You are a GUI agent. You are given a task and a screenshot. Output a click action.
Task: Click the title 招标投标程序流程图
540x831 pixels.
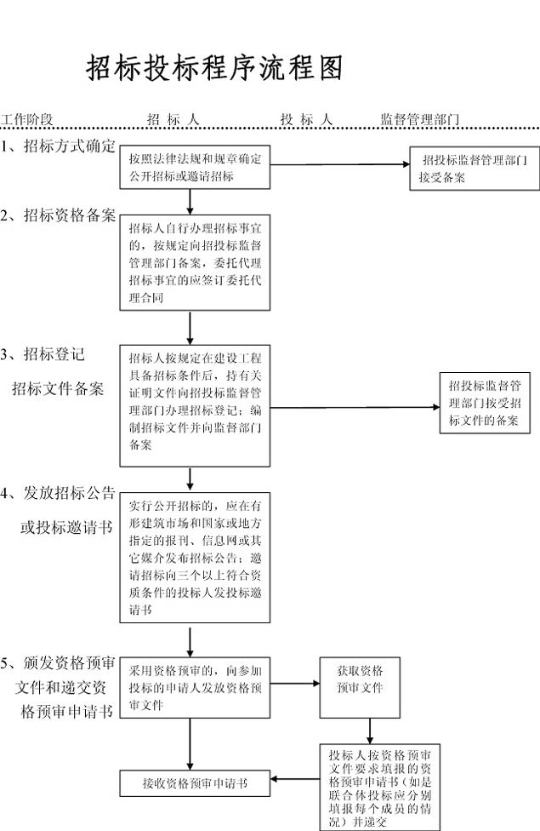pyautogui.click(x=214, y=68)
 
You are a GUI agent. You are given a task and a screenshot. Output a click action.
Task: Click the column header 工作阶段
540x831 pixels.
pyautogui.click(x=27, y=119)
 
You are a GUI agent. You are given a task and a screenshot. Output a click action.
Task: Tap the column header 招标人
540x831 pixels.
pyautogui.click(x=173, y=119)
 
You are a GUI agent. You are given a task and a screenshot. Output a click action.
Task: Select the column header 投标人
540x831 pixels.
pyautogui.click(x=306, y=119)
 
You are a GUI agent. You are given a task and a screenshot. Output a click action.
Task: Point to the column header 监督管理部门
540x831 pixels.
pyautogui.click(x=420, y=119)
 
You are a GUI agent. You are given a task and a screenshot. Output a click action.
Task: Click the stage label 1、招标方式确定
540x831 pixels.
pyautogui.click(x=58, y=145)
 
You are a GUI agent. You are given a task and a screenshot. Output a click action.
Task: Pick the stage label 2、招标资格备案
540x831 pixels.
pyautogui.click(x=58, y=215)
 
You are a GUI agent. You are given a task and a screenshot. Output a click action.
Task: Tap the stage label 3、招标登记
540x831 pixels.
pyautogui.click(x=43, y=354)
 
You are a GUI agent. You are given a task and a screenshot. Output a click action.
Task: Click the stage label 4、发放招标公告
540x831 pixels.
pyautogui.click(x=58, y=493)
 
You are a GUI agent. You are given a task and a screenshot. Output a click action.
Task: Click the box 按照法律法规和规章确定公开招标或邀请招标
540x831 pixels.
pyautogui.click(x=195, y=168)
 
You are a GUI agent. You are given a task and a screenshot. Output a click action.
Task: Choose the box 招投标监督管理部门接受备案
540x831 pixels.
pyautogui.click(x=474, y=169)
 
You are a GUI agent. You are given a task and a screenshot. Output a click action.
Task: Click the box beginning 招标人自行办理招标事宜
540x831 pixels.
pyautogui.click(x=195, y=262)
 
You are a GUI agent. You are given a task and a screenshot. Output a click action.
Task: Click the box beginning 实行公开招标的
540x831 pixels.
pyautogui.click(x=195, y=557)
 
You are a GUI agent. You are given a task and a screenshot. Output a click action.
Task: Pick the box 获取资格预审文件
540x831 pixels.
pyautogui.click(x=360, y=686)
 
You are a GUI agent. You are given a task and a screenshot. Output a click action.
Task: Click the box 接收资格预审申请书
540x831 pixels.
pyautogui.click(x=195, y=782)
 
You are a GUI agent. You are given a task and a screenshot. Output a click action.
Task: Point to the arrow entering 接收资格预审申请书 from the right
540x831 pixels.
pyautogui.click(x=293, y=778)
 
